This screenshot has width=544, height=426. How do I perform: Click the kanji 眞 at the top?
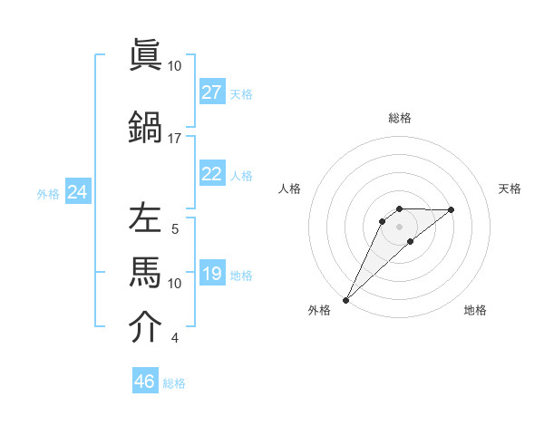tap(145, 56)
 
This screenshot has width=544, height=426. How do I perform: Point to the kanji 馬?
tap(145, 271)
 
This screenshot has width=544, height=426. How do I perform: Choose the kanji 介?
tap(145, 327)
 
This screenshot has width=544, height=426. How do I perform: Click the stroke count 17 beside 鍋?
tap(174, 139)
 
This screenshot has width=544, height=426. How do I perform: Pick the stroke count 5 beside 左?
tap(175, 229)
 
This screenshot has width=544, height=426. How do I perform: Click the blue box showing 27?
tap(212, 92)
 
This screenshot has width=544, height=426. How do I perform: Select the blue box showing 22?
tap(212, 174)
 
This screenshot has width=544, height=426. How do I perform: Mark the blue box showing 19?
tap(212, 274)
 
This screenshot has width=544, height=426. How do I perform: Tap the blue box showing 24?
tap(78, 192)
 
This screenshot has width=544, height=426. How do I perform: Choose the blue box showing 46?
tap(145, 382)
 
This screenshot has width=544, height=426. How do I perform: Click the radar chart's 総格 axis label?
tap(400, 118)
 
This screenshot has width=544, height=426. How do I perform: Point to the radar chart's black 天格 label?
tap(510, 189)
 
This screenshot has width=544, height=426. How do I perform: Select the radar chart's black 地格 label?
tap(476, 311)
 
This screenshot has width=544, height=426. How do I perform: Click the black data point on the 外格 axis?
tap(345, 299)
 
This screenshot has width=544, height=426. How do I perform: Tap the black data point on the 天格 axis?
tap(452, 209)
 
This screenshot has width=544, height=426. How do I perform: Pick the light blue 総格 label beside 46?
tap(175, 383)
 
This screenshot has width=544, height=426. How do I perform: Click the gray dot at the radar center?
tap(399, 227)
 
